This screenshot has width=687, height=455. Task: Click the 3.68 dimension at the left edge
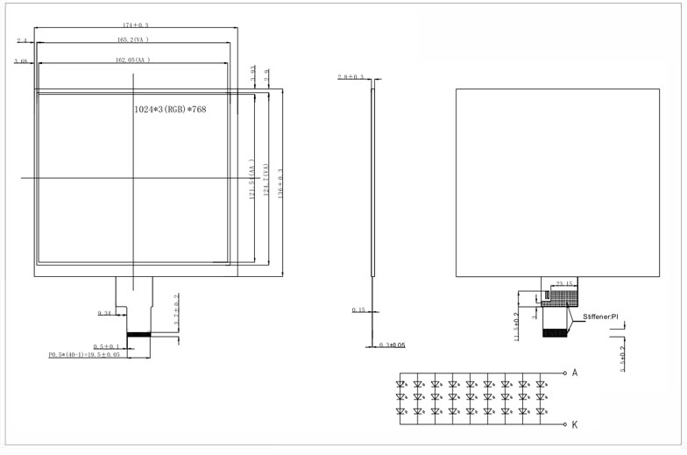(22, 60)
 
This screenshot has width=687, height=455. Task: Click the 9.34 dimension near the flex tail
(104, 312)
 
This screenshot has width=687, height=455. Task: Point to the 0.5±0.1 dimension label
(107, 346)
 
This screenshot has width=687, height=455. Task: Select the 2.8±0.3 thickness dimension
(352, 78)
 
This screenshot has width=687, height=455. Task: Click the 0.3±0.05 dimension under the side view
(390, 345)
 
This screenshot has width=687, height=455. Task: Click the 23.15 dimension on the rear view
(566, 284)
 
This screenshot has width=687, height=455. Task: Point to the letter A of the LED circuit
(575, 373)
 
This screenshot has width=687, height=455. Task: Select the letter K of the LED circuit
(575, 424)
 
